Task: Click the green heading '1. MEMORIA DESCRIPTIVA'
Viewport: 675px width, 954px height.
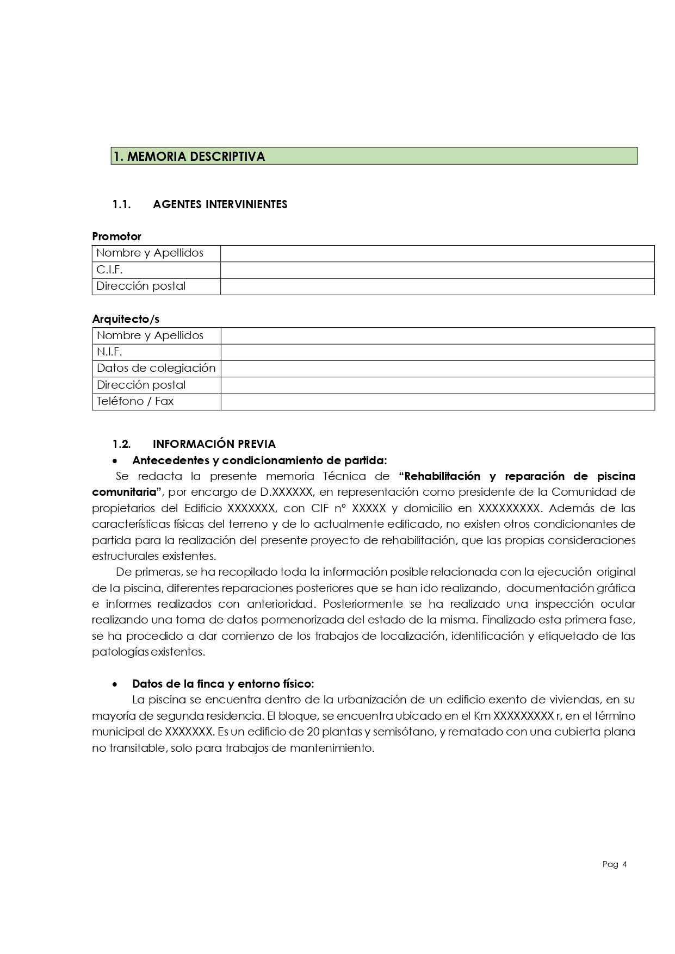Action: coord(189,157)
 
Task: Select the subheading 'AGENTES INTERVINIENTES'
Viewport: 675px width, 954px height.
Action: coord(220,204)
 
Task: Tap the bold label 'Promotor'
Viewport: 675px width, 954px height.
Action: coord(116,236)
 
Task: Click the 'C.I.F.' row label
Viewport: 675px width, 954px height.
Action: coord(109,270)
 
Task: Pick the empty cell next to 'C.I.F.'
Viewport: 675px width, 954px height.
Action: coord(437,270)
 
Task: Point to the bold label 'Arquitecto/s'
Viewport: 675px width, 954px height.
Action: coord(126,319)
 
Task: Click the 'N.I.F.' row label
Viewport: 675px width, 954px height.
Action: coord(109,352)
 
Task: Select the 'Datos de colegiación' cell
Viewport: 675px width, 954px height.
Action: coord(156,368)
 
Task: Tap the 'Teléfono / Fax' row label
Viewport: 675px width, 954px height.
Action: coord(135,401)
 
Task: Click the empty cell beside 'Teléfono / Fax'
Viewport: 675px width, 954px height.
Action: coord(437,402)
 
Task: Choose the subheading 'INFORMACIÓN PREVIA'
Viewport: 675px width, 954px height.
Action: coord(214,444)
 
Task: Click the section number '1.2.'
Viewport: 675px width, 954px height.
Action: coord(121,444)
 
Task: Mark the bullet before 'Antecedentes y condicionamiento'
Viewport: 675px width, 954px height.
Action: coord(114,461)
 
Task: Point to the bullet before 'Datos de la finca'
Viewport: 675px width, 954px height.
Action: coord(114,684)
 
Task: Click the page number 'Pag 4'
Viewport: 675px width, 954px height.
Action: coord(615,864)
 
